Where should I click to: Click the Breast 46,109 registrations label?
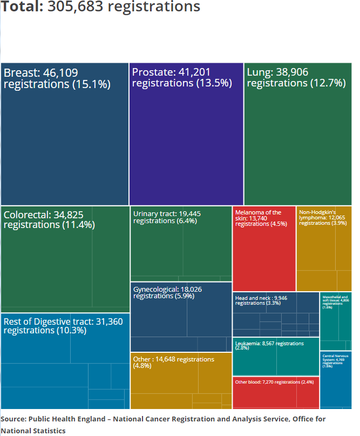[x=57, y=78]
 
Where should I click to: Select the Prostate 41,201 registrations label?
[x=181, y=78]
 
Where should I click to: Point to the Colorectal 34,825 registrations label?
[x=49, y=220]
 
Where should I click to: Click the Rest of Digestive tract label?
[x=63, y=326]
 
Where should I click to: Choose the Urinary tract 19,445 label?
[x=167, y=217]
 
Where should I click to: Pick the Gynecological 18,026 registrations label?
[x=167, y=292]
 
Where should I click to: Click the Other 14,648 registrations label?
[x=173, y=363]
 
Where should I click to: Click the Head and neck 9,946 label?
[x=265, y=300]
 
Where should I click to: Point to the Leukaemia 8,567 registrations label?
[x=269, y=346]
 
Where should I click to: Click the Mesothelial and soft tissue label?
[x=335, y=302]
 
